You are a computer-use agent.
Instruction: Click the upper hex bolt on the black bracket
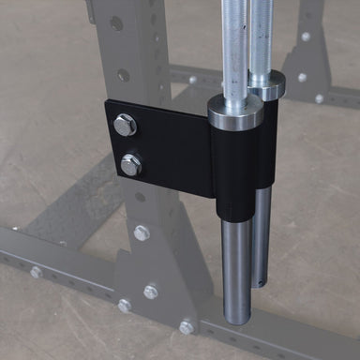(124, 125)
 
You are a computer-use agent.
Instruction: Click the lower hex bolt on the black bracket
(131, 165)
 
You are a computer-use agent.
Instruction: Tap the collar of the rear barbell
(267, 84)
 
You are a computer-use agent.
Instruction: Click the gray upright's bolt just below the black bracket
(142, 232)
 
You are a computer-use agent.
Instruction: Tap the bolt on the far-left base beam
(36, 272)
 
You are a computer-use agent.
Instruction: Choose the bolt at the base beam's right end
(187, 327)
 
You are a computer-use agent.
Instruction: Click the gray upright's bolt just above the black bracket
(123, 75)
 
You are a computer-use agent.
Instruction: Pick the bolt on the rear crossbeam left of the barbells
(193, 80)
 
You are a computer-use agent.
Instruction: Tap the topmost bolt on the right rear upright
(306, 37)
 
